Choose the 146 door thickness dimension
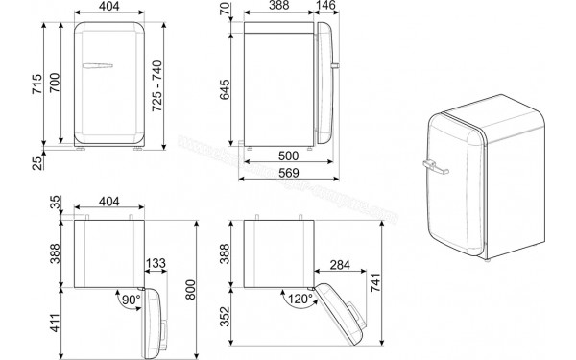coord(328,7)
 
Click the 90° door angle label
coord(130,301)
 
